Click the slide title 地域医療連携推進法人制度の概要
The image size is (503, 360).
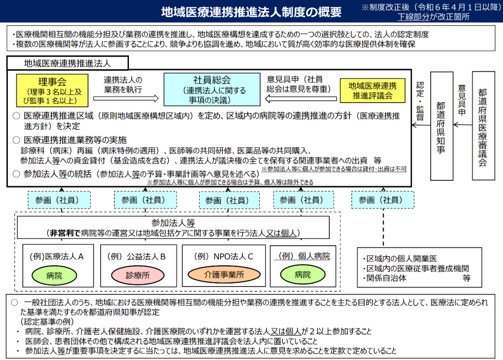251,12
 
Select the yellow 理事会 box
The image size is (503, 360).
52,91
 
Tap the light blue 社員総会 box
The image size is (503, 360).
212,90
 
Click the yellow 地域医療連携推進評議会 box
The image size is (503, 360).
373,91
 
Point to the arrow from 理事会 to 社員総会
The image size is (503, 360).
126,98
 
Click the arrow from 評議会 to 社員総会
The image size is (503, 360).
301,99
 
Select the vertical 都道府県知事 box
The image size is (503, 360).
441,126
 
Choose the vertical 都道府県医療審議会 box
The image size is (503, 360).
483,125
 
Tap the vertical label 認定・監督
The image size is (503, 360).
420,101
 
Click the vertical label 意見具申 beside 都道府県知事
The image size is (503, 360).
462,100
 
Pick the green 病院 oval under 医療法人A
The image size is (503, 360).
54,275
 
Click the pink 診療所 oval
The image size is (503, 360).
138,275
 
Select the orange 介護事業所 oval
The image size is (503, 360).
224,275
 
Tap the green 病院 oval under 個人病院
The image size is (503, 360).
302,275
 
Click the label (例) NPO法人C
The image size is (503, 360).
224,256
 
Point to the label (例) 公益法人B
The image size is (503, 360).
136,257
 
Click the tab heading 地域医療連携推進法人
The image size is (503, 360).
68,63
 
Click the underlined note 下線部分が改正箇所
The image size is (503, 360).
433,17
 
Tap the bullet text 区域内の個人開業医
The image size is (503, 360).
401,259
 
